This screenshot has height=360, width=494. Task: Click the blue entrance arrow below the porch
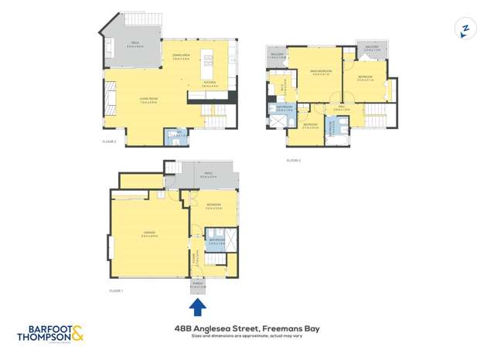(x=198, y=307)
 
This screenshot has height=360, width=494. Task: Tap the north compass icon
(x=465, y=29)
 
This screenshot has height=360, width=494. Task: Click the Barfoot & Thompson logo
(x=50, y=335)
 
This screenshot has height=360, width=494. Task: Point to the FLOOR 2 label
(x=109, y=141)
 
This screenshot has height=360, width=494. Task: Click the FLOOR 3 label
(x=293, y=160)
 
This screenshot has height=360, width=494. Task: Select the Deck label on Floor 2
(x=133, y=45)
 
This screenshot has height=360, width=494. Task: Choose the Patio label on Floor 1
(x=208, y=174)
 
